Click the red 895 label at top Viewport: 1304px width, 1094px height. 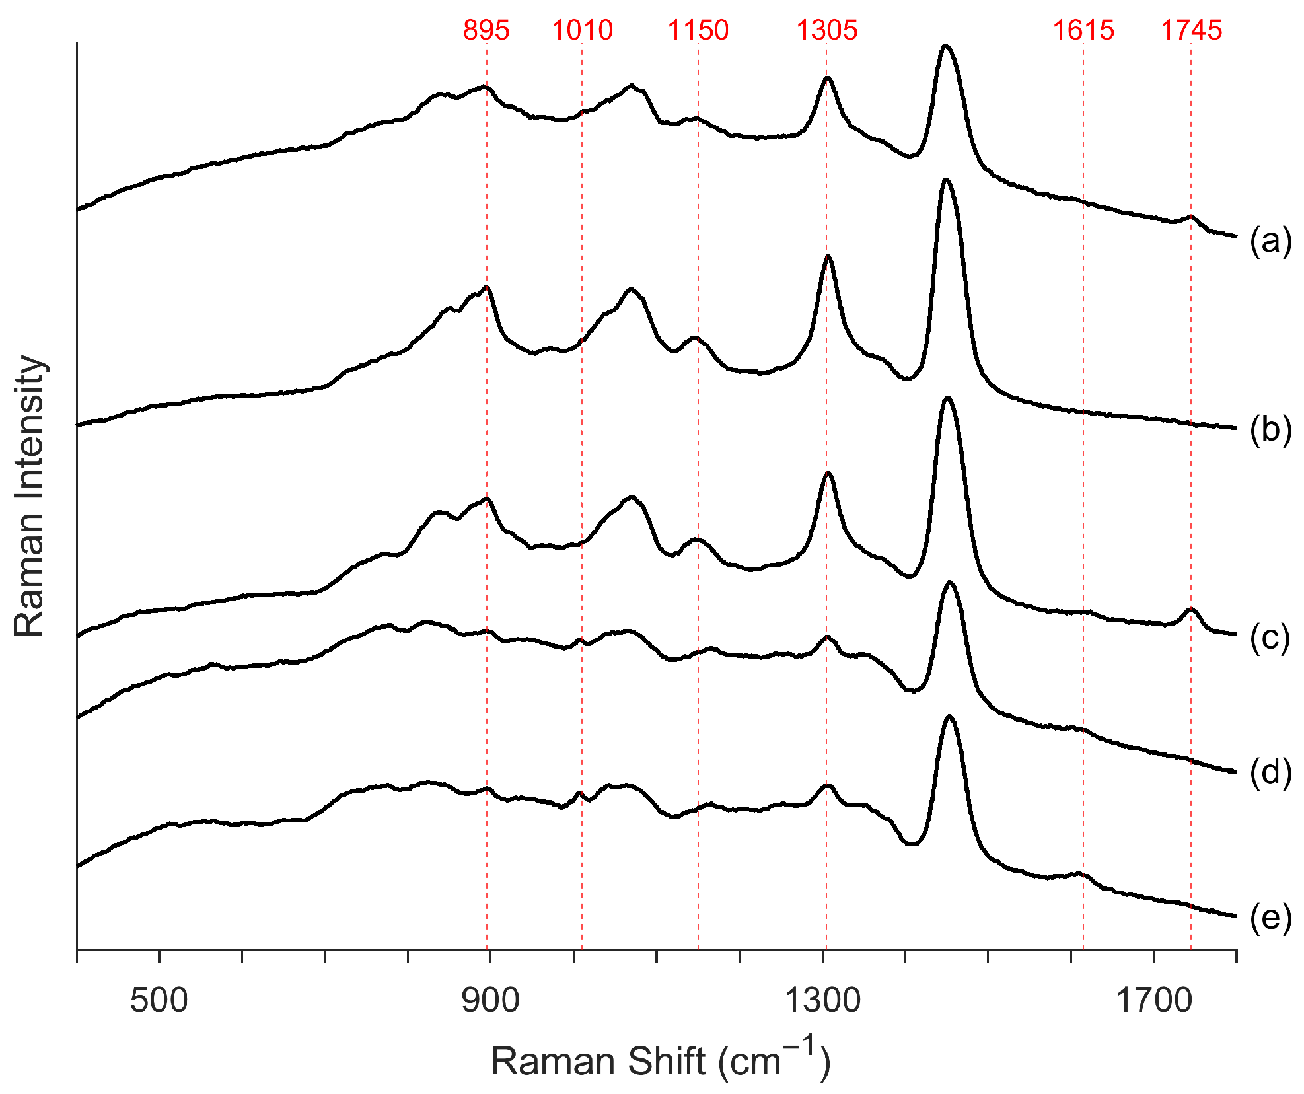click(486, 30)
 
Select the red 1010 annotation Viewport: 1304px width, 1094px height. click(582, 30)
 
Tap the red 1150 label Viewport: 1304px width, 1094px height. click(698, 30)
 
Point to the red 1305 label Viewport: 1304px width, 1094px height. click(826, 30)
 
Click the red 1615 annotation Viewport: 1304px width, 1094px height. click(1083, 30)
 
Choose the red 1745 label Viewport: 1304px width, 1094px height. click(1191, 30)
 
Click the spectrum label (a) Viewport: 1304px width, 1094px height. click(1270, 241)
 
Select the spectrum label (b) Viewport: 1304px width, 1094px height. click(1270, 429)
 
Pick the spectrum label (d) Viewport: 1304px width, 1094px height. click(1270, 772)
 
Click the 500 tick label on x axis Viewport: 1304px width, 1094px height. click(159, 1000)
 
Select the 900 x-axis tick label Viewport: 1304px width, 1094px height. click(489, 1000)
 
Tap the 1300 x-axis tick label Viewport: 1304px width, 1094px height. click(822, 1000)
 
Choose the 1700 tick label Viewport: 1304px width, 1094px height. click(1154, 1000)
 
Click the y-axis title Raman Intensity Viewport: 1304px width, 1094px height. click(29, 495)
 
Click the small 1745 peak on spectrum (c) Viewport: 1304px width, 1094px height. click(1191, 609)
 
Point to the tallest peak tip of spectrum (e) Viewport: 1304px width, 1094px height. click(949, 716)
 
